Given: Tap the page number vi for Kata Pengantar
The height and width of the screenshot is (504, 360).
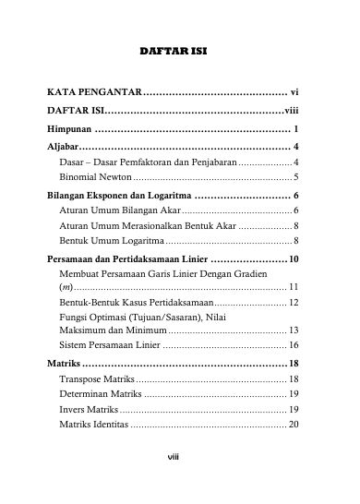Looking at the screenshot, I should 294,93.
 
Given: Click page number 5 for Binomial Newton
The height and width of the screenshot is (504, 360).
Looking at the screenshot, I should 294,175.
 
